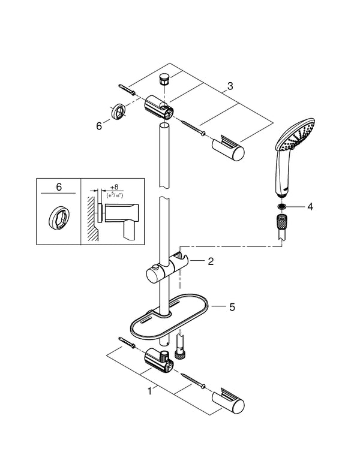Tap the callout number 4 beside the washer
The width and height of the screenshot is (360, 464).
coord(310,207)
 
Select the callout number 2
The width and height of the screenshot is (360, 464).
coord(211,261)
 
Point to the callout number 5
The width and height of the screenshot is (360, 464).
coord(232,307)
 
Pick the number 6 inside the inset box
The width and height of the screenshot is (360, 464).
coord(58,188)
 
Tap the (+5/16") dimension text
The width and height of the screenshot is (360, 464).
coord(114,195)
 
